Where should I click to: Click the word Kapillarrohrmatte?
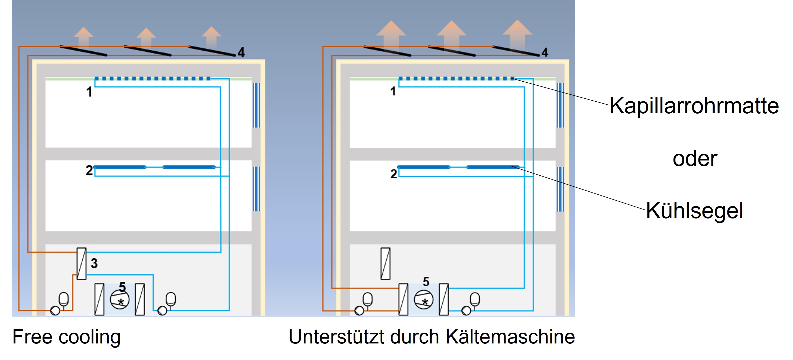coord(694,106)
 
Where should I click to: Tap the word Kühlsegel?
coord(694,211)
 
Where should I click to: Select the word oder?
coord(695,159)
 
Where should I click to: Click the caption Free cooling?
coord(66,337)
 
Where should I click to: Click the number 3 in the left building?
coord(94,263)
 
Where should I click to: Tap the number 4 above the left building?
coord(241,52)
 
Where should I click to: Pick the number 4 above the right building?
coord(545,52)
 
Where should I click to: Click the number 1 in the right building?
coord(393,91)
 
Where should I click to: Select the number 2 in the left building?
coord(89,171)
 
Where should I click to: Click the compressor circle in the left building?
coord(120,299)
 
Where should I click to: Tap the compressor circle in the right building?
coord(423,299)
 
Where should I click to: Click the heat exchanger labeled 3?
coord(82,263)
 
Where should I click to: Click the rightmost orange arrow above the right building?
coord(517,32)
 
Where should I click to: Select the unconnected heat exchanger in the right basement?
coord(386,263)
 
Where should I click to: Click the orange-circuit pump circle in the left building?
coord(55,310)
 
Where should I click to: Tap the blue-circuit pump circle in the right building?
coord(466,310)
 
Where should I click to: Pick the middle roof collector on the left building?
coord(147,51)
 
